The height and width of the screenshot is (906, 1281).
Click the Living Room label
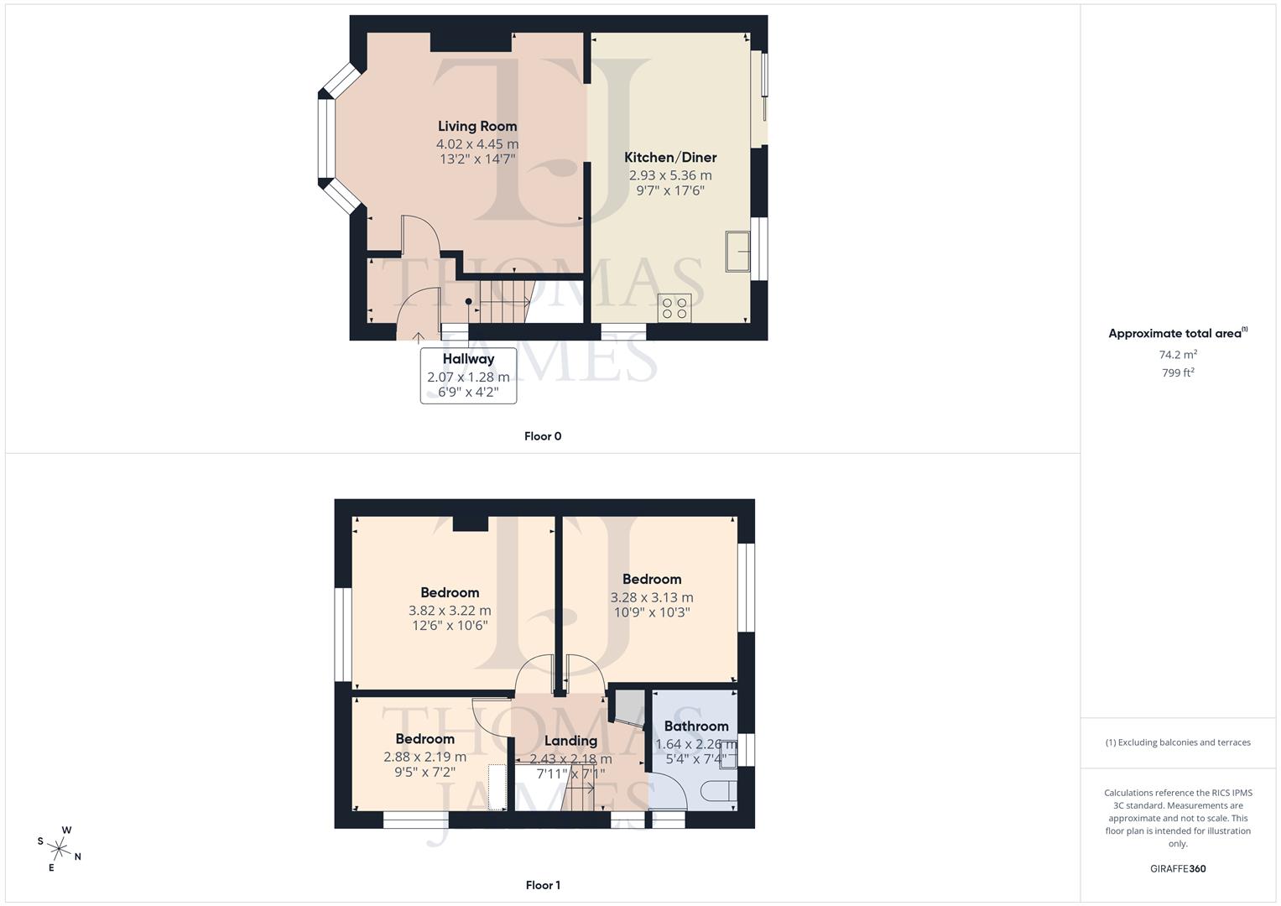pos(477,126)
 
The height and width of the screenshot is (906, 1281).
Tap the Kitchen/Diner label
pos(670,157)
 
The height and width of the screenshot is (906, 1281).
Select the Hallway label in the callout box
pos(468,358)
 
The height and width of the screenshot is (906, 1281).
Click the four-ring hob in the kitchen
pos(674,308)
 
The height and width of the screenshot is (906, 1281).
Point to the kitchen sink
pos(738,251)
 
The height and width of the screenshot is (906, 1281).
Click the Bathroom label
pos(696,726)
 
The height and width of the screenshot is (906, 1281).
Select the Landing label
pos(570,741)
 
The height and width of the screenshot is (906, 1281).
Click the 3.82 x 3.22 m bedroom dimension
pos(450,611)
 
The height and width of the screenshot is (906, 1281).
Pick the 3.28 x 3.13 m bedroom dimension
pos(652,597)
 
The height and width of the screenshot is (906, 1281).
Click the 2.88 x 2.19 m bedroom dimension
pos(424,757)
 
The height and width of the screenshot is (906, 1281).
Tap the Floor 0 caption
pos(543,436)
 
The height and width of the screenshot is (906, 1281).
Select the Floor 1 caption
pos(543,885)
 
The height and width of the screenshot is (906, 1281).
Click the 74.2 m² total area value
pos(1178,354)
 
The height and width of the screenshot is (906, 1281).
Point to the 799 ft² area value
pos(1178,372)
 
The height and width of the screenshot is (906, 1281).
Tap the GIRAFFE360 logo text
pos(1178,869)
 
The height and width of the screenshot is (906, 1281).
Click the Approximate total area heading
pos(1176,333)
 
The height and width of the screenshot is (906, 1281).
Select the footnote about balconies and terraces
pos(1178,742)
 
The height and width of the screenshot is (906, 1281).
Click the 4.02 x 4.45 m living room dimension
pos(477,144)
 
